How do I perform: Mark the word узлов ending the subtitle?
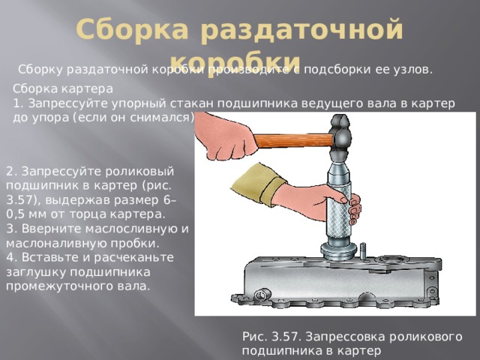coord(414,70)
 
